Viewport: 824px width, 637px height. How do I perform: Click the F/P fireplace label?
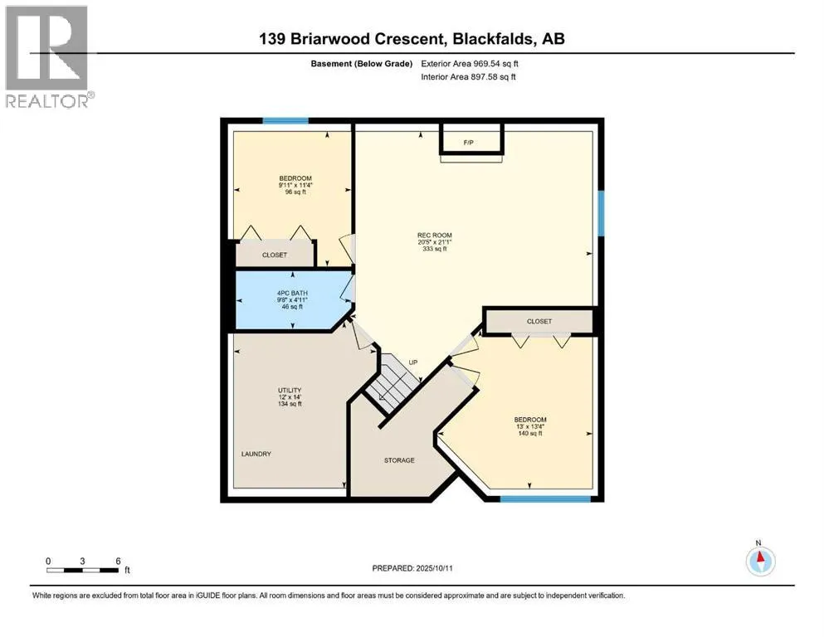468,143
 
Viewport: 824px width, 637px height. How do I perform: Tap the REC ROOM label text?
435,236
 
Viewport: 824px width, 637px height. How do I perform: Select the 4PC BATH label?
292,293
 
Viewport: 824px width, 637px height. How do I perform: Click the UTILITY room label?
290,390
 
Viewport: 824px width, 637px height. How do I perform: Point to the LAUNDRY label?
256,454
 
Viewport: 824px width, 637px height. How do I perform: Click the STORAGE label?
399,460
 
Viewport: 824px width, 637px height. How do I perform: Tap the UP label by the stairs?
413,362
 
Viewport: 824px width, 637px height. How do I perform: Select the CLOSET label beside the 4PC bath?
275,255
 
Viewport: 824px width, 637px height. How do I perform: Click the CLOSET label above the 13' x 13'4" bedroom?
539,321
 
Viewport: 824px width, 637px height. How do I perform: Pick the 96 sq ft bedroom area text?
295,192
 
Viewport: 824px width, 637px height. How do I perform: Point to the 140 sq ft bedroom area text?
530,434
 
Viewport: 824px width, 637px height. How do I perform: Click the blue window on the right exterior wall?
601,213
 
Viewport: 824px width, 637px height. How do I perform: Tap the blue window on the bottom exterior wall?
545,498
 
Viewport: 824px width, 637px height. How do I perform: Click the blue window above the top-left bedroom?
285,121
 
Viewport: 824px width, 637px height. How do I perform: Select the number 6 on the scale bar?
118,561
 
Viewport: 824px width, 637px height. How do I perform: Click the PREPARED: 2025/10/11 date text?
412,568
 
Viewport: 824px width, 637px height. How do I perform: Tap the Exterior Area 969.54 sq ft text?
470,64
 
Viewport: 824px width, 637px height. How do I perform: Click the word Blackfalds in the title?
494,39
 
